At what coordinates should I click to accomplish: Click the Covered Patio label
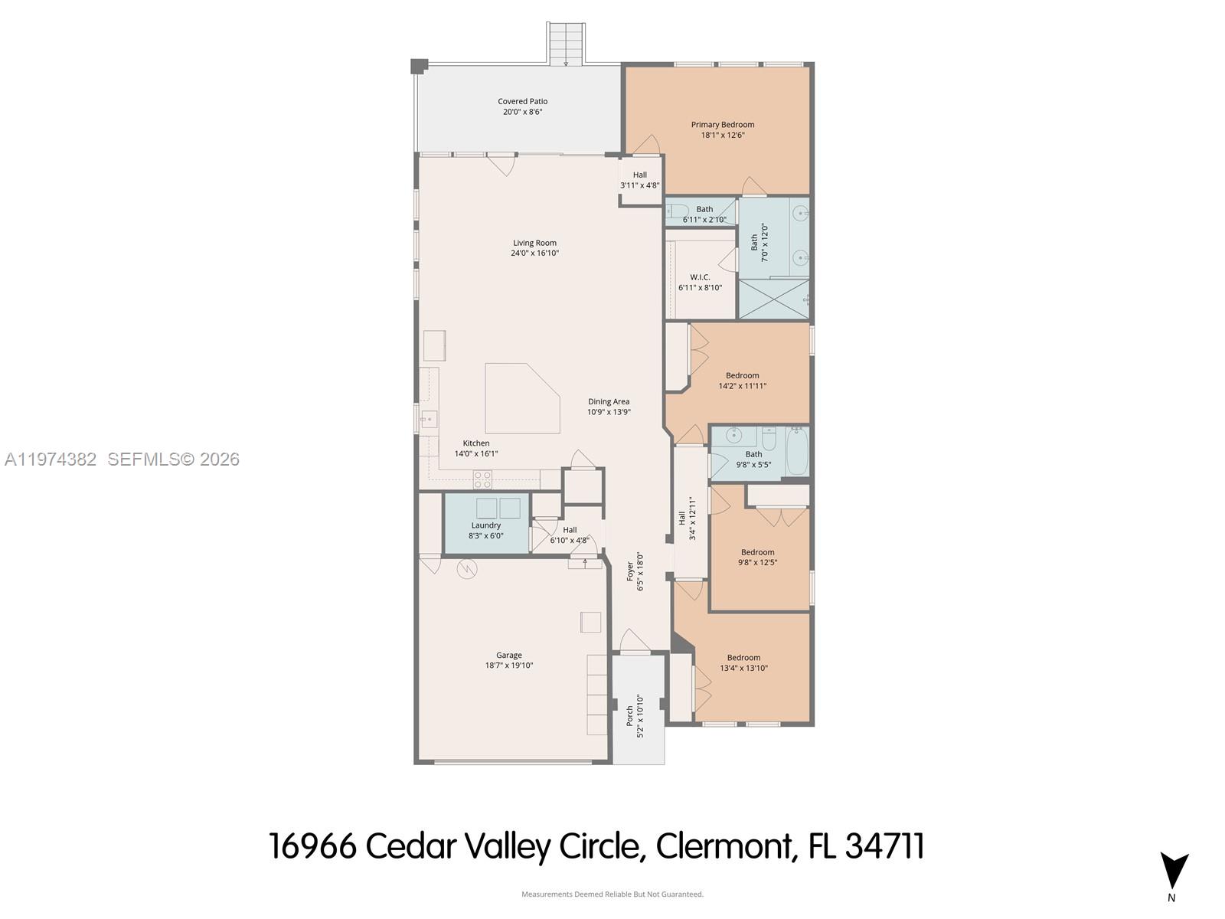(x=522, y=101)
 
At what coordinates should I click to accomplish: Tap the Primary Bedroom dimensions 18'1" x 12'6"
(x=723, y=135)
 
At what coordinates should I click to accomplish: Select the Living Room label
(x=534, y=243)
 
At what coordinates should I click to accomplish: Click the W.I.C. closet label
(x=700, y=277)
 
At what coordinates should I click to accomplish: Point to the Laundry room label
(x=485, y=525)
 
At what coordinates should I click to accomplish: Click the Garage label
(x=508, y=655)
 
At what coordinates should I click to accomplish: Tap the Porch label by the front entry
(x=629, y=715)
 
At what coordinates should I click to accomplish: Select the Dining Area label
(x=609, y=401)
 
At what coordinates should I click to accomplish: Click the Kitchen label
(x=475, y=443)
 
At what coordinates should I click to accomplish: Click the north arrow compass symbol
(x=1174, y=872)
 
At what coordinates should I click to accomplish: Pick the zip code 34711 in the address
(x=885, y=846)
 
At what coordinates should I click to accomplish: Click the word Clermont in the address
(x=724, y=846)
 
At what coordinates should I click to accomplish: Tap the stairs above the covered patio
(x=567, y=44)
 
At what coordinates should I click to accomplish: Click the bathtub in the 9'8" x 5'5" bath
(x=796, y=452)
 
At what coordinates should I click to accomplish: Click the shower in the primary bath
(x=773, y=298)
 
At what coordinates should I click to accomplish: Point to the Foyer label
(x=630, y=571)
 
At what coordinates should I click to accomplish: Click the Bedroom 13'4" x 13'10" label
(x=743, y=657)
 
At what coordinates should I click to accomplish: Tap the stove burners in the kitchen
(x=482, y=479)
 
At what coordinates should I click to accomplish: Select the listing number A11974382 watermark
(x=51, y=459)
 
